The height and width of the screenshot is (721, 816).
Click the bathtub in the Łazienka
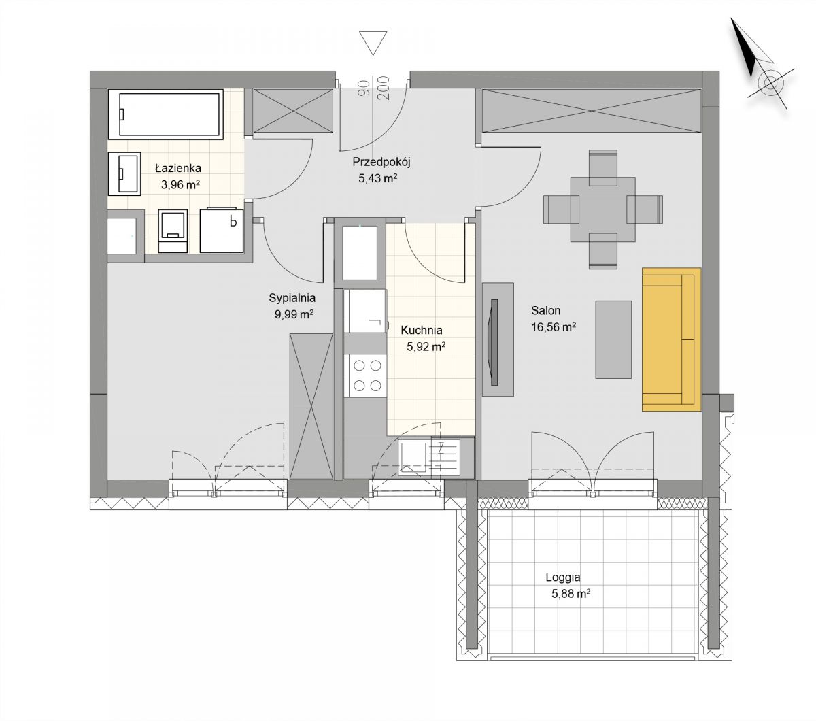(x=165, y=114)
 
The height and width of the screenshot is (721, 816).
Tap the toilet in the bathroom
(x=173, y=231)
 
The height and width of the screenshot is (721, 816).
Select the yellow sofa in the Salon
(x=671, y=339)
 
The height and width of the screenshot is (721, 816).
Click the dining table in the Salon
(x=602, y=209)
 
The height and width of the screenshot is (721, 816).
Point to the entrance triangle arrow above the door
(x=373, y=43)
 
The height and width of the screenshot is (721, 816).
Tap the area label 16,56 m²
(x=553, y=327)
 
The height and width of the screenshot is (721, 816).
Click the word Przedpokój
(x=381, y=162)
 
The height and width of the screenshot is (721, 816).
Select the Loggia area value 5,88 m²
(x=571, y=594)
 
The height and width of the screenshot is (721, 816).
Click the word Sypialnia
(x=292, y=298)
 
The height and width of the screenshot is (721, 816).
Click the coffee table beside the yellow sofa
(x=613, y=339)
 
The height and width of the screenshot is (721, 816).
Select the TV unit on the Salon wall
(x=498, y=339)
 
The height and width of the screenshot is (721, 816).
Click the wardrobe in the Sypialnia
(x=311, y=406)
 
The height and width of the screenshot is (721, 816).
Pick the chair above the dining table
(x=602, y=167)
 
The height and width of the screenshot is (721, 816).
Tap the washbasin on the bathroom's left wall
(x=124, y=173)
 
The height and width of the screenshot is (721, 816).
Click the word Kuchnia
(x=422, y=330)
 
